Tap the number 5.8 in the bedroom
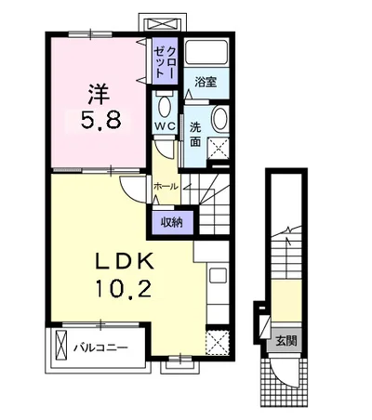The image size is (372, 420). [x=100, y=120]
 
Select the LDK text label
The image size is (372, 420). [x=124, y=262]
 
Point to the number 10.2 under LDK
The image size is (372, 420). [x=124, y=288]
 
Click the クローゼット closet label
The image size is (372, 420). [x=166, y=61]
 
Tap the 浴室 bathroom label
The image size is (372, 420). [x=206, y=82]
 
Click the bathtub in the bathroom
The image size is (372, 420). [x=207, y=52]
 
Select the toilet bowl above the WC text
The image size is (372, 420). [x=165, y=106]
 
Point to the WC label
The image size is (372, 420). [x=166, y=126]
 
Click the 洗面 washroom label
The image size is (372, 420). [x=195, y=134]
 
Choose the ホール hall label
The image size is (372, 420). [x=166, y=187]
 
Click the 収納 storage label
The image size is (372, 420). [x=171, y=222]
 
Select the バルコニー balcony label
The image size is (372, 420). [x=100, y=348]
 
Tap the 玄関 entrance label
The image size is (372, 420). [x=286, y=341]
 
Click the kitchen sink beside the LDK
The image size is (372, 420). [x=219, y=276]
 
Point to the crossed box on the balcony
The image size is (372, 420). [x=61, y=345]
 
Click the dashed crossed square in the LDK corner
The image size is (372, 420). [x=218, y=342]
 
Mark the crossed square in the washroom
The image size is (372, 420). [x=218, y=149]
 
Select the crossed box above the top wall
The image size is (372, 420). [x=163, y=24]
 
